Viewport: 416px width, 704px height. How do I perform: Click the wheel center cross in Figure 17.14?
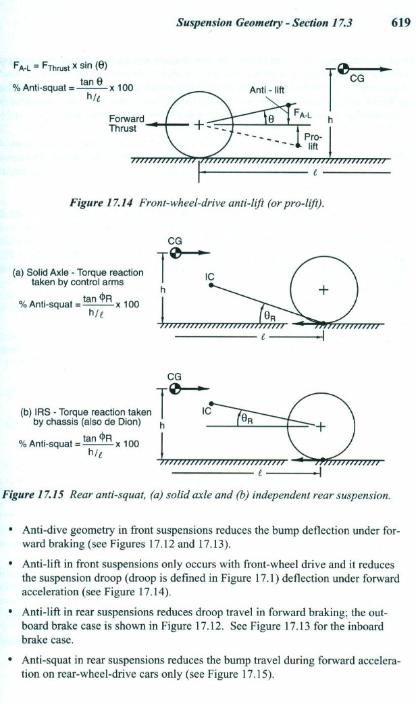(x=199, y=126)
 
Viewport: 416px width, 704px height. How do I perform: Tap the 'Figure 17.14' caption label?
(x=111, y=202)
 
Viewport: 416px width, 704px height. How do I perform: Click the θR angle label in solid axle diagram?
(x=268, y=313)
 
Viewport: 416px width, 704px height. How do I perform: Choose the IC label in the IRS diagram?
(x=209, y=409)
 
